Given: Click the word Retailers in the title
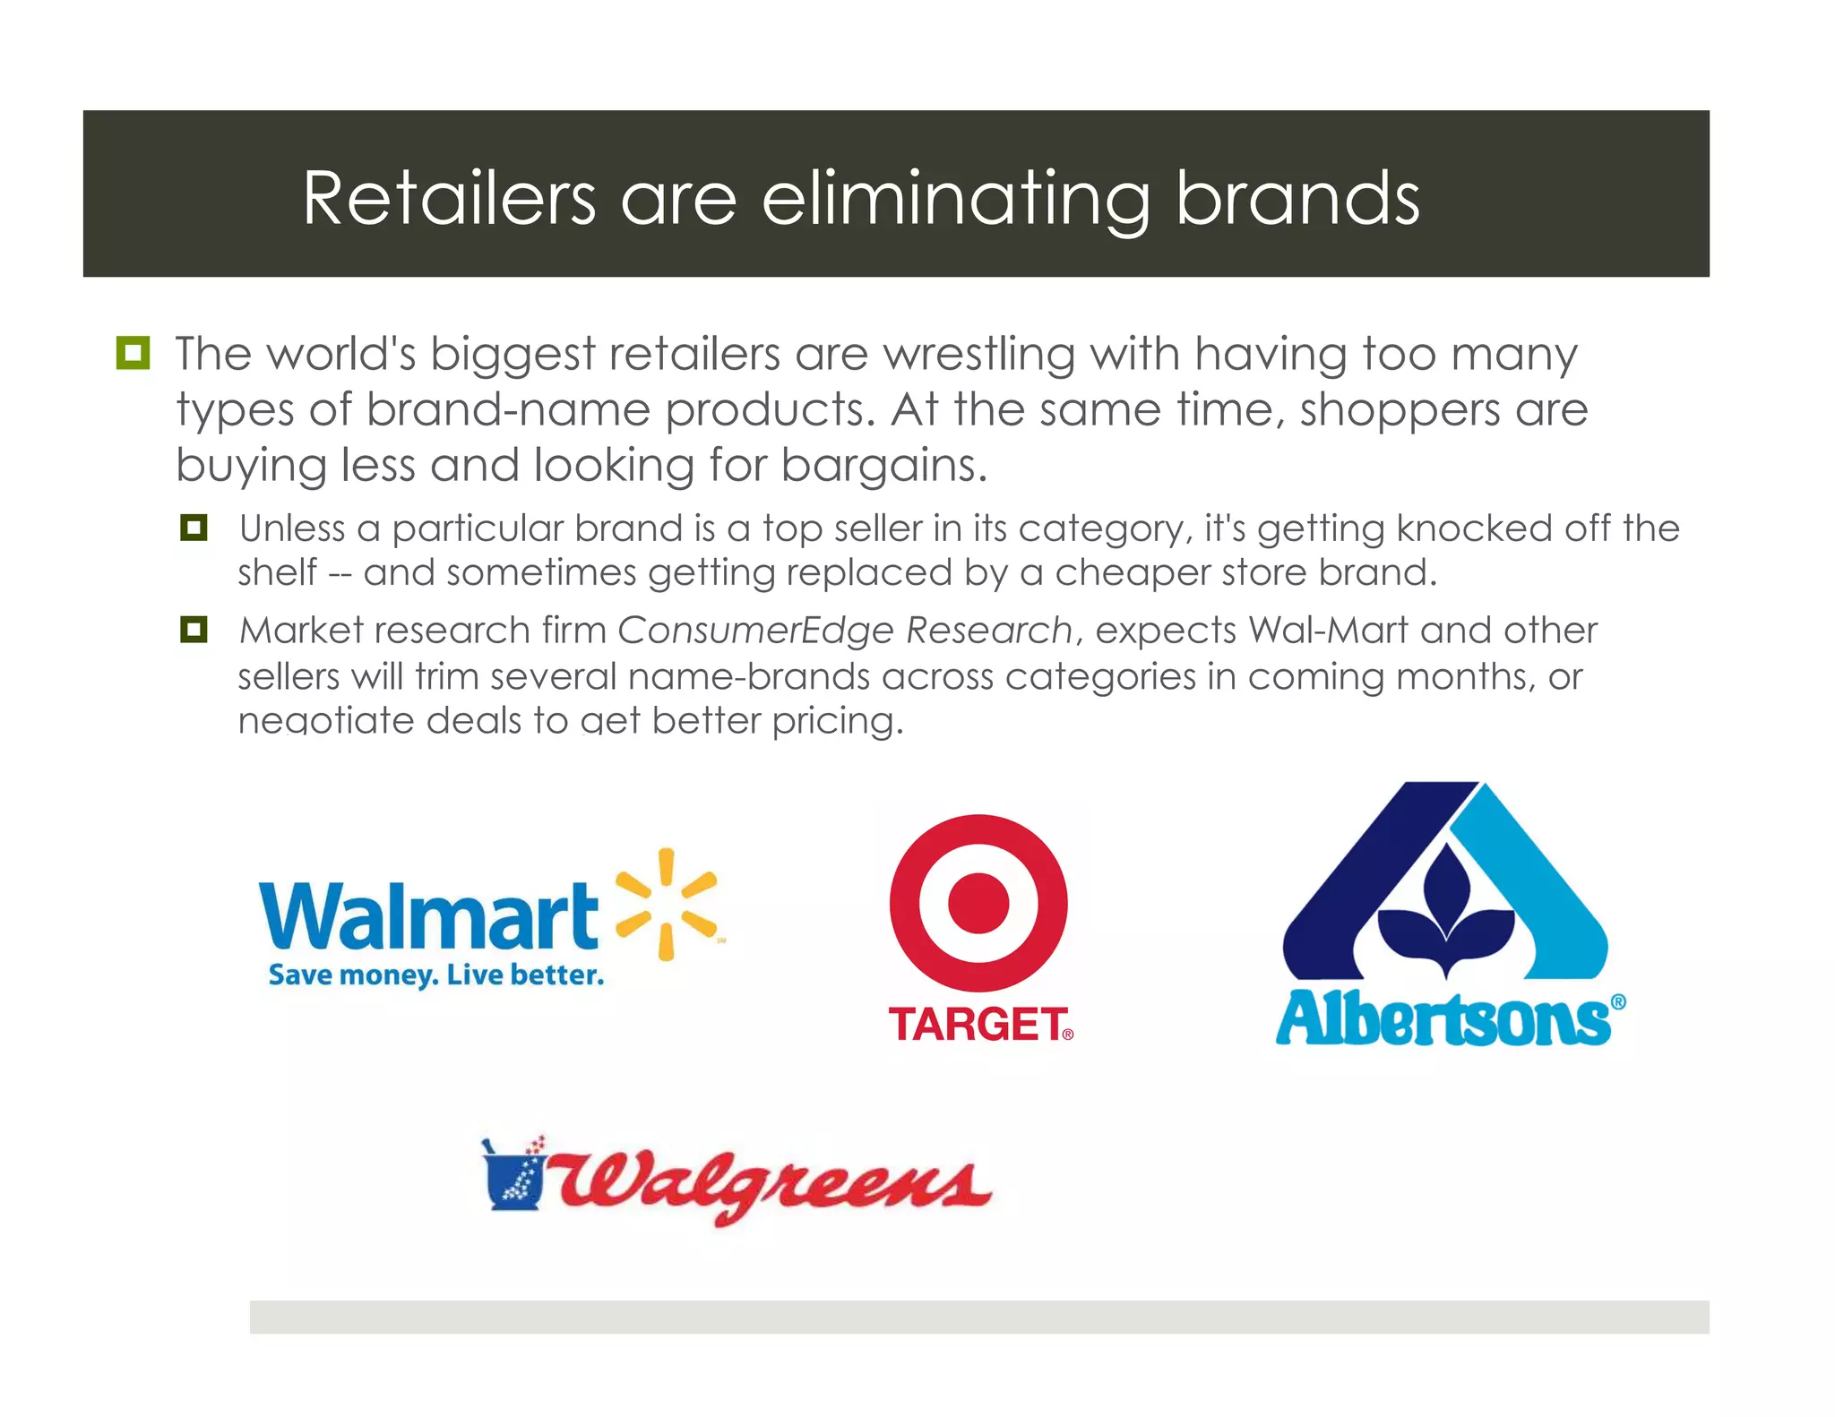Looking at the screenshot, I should pyautogui.click(x=449, y=198).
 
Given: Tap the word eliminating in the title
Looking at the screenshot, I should pyautogui.click(x=955, y=200).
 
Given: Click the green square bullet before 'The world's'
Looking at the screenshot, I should pyautogui.click(x=133, y=353).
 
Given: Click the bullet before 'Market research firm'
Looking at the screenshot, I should pyautogui.click(x=194, y=629).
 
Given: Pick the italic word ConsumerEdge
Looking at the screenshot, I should pyautogui.click(x=755, y=631).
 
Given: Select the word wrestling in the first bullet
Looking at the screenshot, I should pyautogui.click(x=979, y=355).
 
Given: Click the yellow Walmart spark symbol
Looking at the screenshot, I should pyautogui.click(x=667, y=905).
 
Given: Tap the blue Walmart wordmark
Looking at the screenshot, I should pyautogui.click(x=428, y=915).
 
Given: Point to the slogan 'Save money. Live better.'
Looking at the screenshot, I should pyautogui.click(x=436, y=975).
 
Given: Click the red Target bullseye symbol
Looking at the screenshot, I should pyautogui.click(x=978, y=902).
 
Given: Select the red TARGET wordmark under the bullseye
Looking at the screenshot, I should pyautogui.click(x=978, y=1025).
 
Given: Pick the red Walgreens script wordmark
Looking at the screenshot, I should pyautogui.click(x=772, y=1184).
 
